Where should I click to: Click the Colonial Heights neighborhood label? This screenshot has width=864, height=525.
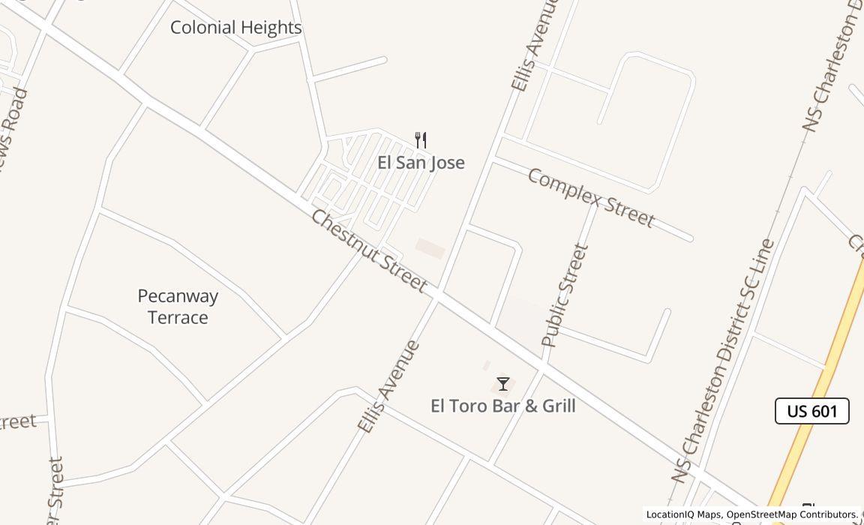pos(235,28)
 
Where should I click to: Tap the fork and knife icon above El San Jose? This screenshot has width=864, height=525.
pos(421,140)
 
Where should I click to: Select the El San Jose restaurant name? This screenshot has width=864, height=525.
pos(421,163)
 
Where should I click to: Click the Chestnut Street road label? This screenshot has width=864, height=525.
pos(368,250)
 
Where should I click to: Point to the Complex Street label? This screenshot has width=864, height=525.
pos(591,198)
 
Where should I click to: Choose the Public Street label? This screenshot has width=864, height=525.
pos(565,295)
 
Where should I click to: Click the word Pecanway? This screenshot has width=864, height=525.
pos(178,296)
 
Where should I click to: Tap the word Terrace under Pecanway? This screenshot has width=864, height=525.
pos(178,317)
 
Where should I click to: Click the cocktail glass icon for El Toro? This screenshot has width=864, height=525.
pos(503,384)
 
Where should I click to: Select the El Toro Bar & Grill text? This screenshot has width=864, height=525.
pos(503,406)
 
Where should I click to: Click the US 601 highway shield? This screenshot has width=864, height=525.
pos(811,411)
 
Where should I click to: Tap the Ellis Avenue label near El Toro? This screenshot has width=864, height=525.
pos(388,387)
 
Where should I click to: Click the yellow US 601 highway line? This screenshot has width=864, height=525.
pos(825,367)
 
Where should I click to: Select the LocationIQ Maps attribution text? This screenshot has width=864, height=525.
pos(683,514)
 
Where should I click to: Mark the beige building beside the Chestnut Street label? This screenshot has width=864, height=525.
pos(430,248)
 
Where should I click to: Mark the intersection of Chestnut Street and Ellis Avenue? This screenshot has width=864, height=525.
pos(436,294)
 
